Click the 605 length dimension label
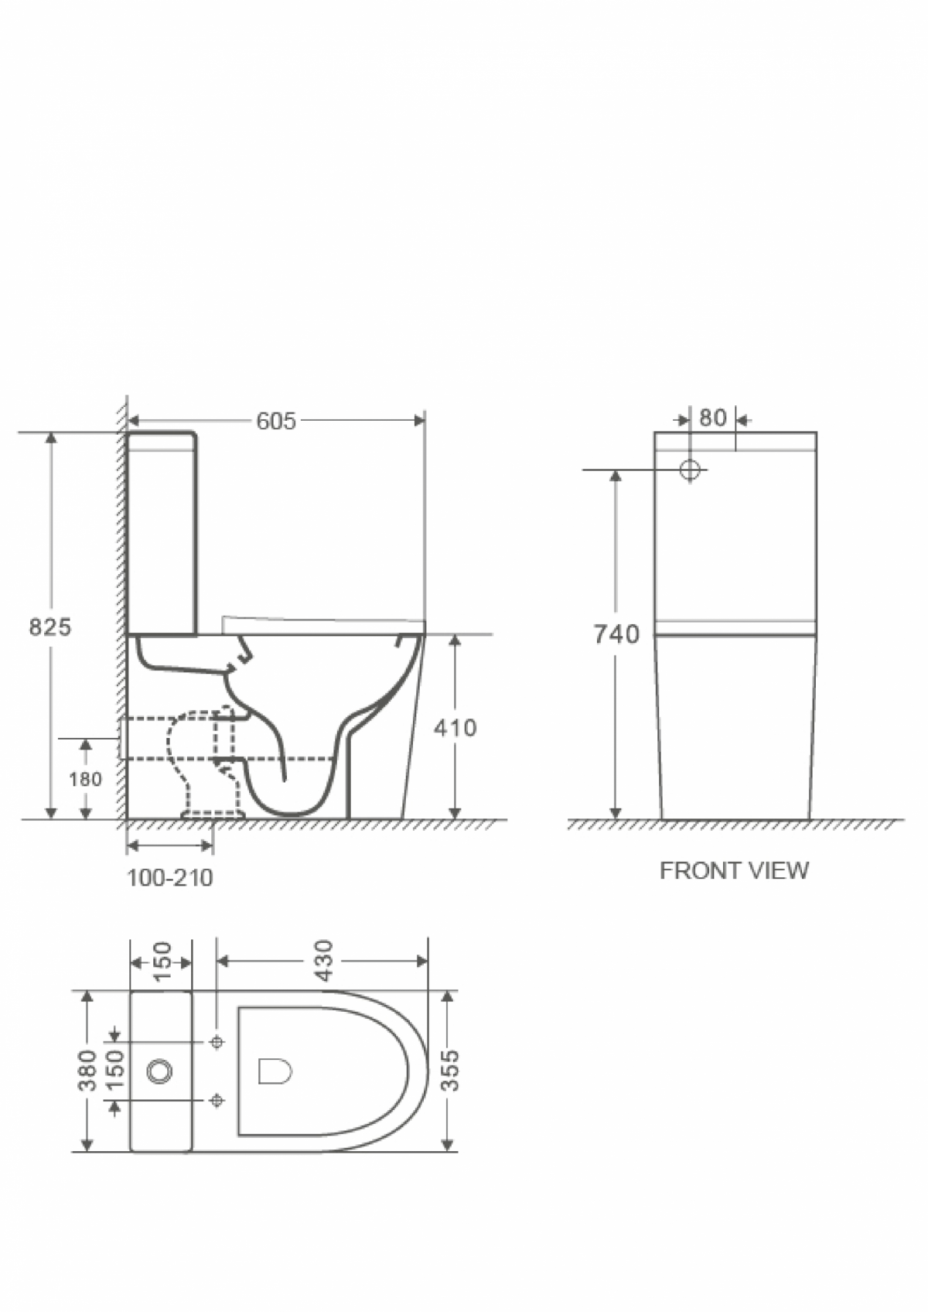click(275, 421)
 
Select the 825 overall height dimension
click(49, 627)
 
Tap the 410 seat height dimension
click(455, 728)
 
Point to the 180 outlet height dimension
click(85, 779)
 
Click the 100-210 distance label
click(169, 878)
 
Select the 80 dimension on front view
click(712, 419)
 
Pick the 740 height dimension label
click(616, 634)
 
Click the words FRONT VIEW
click(734, 871)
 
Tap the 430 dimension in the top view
click(324, 960)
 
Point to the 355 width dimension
click(449, 1071)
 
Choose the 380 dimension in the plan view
click(87, 1071)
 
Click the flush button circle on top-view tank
click(159, 1071)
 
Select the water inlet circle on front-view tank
click(690, 469)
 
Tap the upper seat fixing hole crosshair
click(217, 1042)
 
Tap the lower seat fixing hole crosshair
click(217, 1099)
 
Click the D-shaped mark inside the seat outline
click(275, 1071)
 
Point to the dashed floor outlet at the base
click(213, 815)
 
